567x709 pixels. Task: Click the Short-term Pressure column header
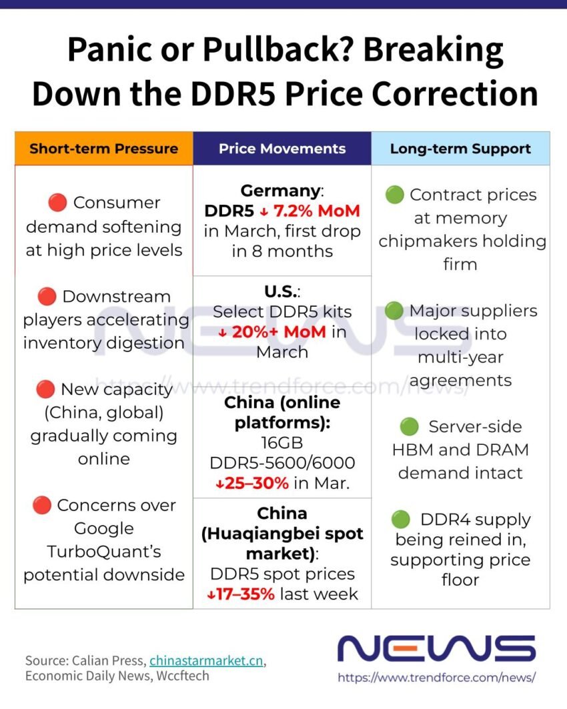pyautogui.click(x=103, y=148)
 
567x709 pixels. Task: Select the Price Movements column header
pyautogui.click(x=282, y=148)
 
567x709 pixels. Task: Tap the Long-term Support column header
pyautogui.click(x=460, y=148)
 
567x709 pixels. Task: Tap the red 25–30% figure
pyautogui.click(x=252, y=483)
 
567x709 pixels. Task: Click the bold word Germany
pyautogui.click(x=280, y=191)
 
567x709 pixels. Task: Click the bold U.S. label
pyautogui.click(x=281, y=292)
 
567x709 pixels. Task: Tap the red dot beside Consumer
pyautogui.click(x=57, y=202)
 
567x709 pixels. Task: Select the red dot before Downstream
pyautogui.click(x=47, y=296)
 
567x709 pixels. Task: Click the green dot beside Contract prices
pyautogui.click(x=394, y=195)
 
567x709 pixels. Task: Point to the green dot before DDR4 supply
pyautogui.click(x=400, y=519)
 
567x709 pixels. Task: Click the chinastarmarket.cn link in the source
pyautogui.click(x=206, y=660)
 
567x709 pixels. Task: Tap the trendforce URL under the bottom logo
pyautogui.click(x=436, y=678)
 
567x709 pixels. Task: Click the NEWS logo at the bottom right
pyautogui.click(x=436, y=648)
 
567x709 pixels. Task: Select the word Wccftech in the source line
pyautogui.click(x=183, y=676)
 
